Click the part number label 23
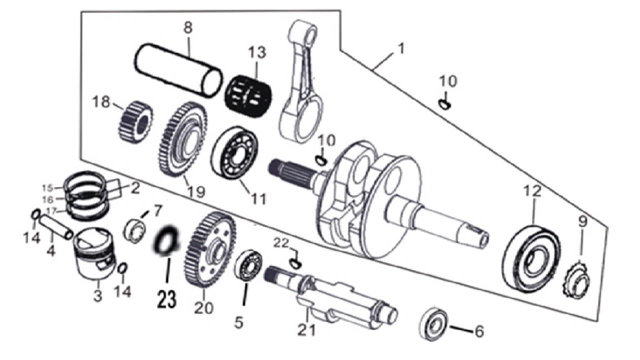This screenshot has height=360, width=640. [166, 299]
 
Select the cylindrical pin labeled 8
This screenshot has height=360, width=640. [177, 70]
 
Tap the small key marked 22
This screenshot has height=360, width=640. [295, 262]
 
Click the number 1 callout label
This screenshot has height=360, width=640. [400, 49]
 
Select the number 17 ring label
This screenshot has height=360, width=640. [47, 210]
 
